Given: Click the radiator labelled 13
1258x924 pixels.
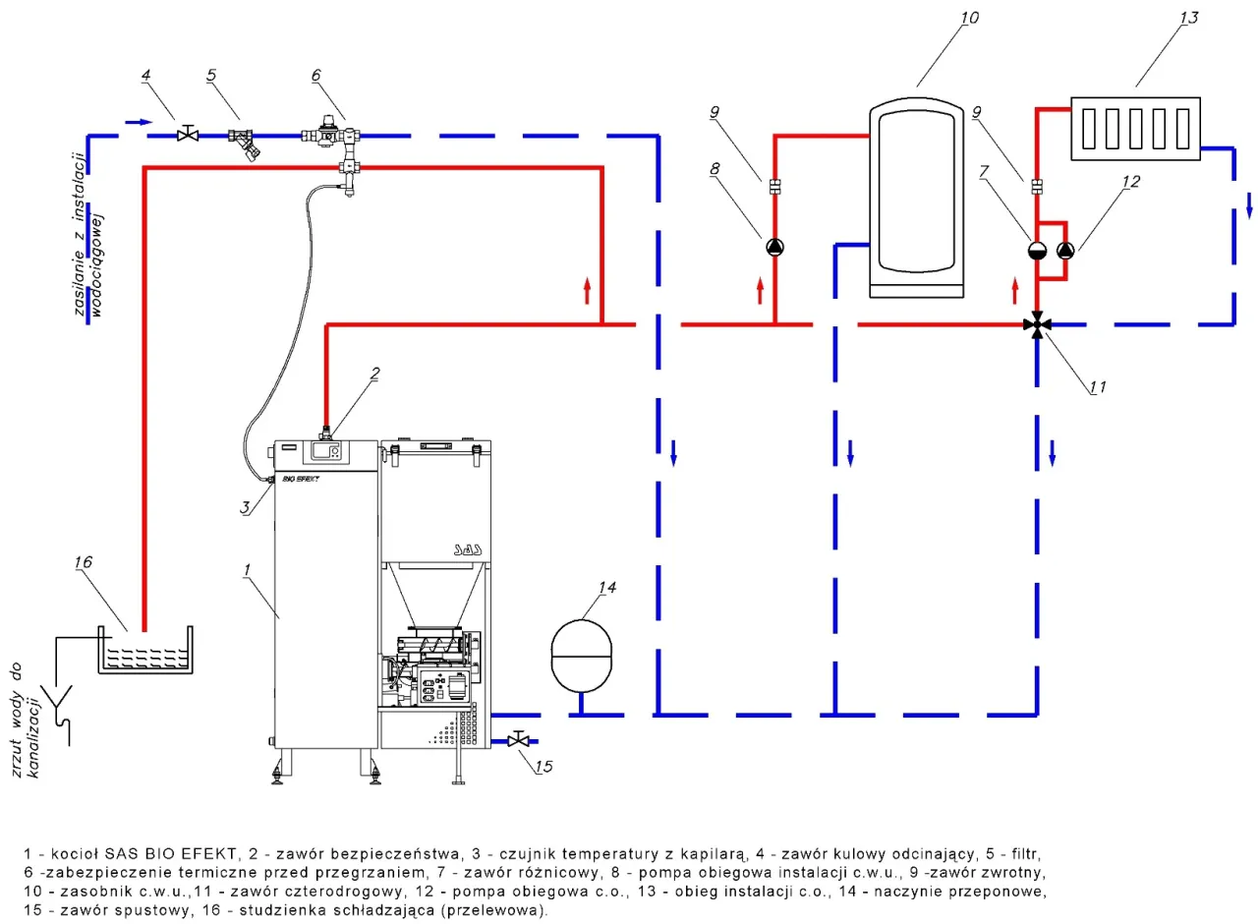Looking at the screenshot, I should [x=1135, y=128].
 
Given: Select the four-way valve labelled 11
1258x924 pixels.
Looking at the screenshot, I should [x=1039, y=323].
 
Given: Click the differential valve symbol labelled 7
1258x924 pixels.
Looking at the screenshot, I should [x=1039, y=250].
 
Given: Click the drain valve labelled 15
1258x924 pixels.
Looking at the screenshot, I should [x=518, y=738].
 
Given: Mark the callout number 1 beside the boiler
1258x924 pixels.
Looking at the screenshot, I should [x=249, y=569].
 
